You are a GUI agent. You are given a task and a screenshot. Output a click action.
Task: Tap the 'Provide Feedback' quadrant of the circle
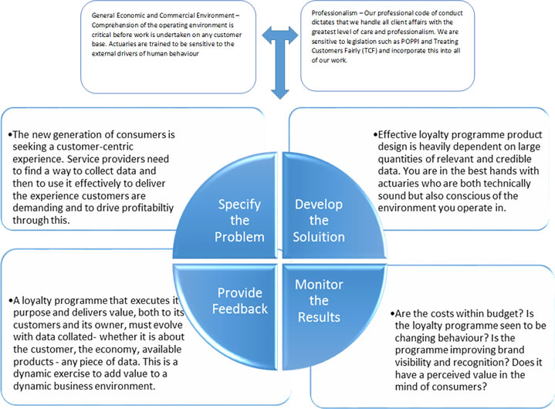pos(232,301)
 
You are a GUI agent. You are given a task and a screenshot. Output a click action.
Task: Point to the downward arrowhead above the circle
pos(279,93)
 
